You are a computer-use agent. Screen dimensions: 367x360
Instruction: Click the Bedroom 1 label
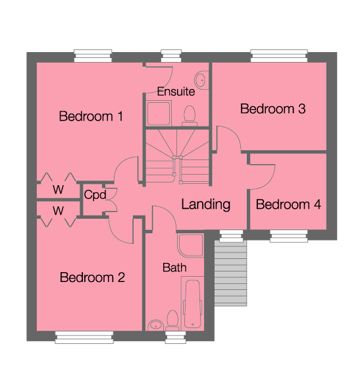click(x=91, y=117)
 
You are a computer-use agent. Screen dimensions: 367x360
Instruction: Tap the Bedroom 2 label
click(x=92, y=277)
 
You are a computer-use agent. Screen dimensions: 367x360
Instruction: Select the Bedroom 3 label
click(x=272, y=109)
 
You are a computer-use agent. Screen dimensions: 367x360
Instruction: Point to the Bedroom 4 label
click(x=288, y=205)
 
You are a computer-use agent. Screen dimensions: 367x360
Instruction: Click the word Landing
click(x=206, y=204)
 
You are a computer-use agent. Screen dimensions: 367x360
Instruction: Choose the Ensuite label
click(x=176, y=91)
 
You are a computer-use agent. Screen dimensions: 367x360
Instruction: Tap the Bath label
click(x=174, y=268)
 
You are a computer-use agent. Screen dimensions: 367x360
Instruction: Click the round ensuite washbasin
click(x=202, y=80)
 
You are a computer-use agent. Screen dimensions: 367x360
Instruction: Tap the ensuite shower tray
click(x=159, y=114)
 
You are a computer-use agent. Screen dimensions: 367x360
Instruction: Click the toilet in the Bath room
click(x=173, y=320)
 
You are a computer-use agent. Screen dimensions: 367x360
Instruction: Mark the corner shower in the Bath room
click(x=190, y=245)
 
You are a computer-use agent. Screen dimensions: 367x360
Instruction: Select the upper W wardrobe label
click(x=59, y=190)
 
